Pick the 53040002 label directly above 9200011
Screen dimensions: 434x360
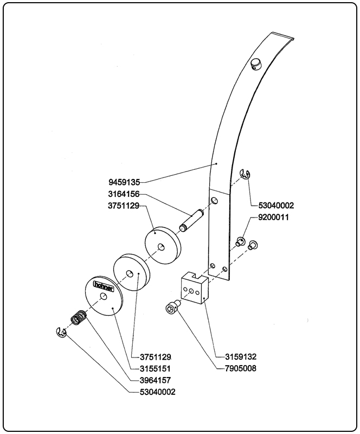[272, 206]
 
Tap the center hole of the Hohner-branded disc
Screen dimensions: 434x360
[103, 296]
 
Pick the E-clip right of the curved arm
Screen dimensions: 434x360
[245, 174]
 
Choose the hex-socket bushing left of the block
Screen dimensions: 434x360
[171, 308]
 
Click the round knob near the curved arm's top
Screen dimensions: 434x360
[255, 65]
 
